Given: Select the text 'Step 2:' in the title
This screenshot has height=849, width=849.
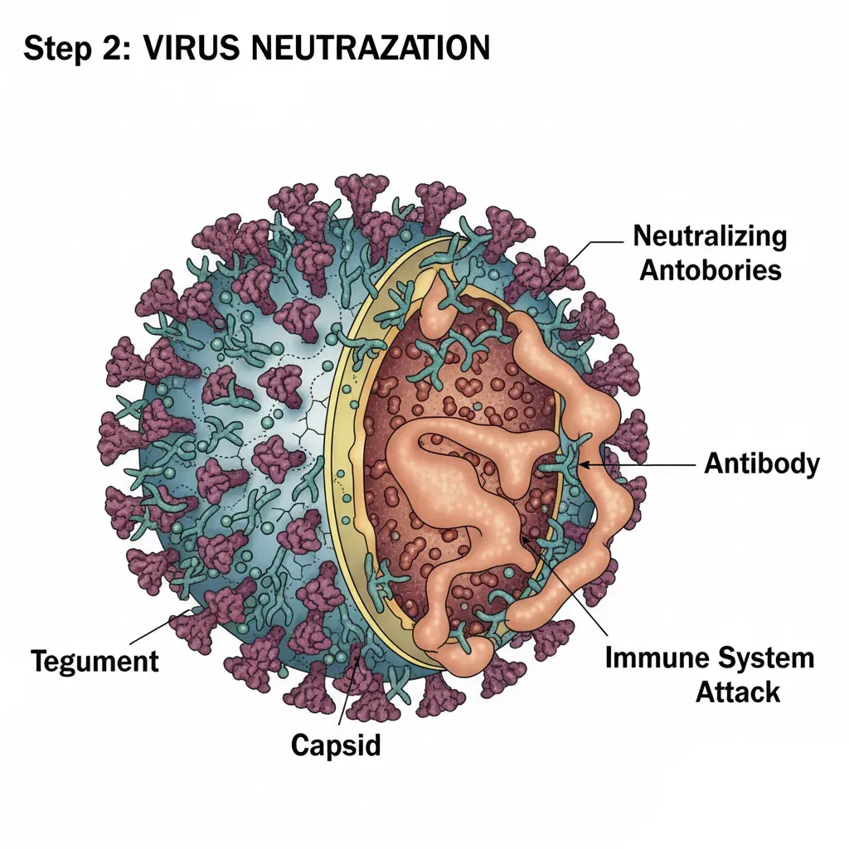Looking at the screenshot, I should pos(70,49).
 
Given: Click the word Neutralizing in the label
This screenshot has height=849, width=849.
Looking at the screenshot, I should pos(710,236).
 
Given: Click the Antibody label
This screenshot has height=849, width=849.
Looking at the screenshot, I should pos(761,464).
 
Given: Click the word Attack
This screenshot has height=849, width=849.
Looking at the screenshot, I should pos(738,691).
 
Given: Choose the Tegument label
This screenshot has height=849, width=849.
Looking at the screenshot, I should pos(95,661).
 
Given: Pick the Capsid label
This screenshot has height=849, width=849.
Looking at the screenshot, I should pos(336,745).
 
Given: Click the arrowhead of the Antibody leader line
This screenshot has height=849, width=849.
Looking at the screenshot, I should pos(583,465).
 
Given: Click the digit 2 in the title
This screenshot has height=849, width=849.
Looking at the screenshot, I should pos(106,49).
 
